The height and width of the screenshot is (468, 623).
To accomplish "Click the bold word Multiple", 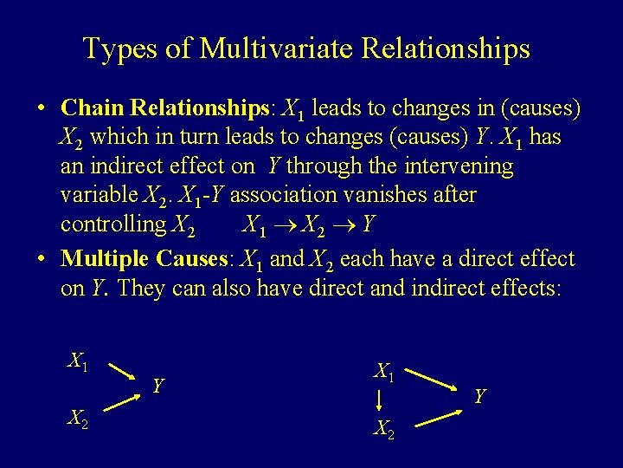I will coord(106,259).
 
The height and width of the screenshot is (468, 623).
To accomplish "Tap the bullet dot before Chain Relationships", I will coord(41,109).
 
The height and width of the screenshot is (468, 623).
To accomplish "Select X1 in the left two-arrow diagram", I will coord(80,361).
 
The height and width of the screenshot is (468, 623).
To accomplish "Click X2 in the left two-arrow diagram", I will coord(80,419).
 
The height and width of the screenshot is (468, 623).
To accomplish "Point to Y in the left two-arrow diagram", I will coord(157,385).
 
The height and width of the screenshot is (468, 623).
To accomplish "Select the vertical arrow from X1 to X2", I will coord(380,400).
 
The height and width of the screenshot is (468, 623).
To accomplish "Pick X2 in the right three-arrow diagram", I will coord(384,427).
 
